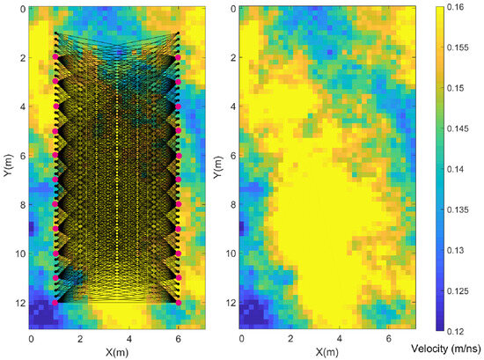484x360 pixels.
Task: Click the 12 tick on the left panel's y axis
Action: (18, 302)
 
